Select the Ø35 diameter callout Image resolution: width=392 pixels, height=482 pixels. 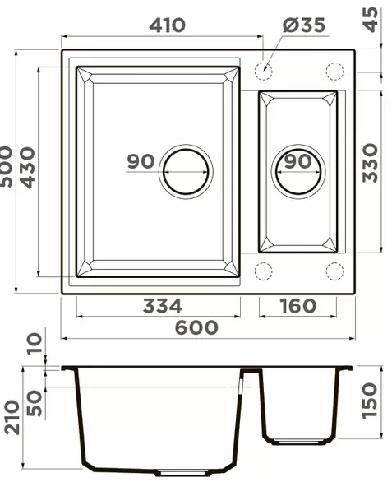coord(302,25)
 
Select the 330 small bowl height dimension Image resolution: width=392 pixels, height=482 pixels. coord(371,162)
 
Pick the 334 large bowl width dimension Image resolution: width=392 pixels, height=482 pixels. coord(162,306)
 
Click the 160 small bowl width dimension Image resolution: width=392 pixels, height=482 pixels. coord(297,306)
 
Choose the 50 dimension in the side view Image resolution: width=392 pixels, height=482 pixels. coord(33,401)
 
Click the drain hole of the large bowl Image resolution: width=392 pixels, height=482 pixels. coord(185,172)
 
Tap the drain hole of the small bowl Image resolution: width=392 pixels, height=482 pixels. coord(297,172)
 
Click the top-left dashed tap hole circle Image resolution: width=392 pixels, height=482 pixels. coord(264,72)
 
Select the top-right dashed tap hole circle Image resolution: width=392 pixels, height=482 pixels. coord(334,72)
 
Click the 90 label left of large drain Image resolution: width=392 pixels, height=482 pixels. coord(141,161)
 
